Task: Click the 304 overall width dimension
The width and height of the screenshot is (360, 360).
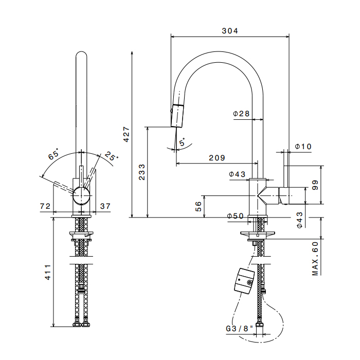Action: pyautogui.click(x=230, y=31)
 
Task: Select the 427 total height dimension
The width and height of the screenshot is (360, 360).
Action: pyautogui.click(x=127, y=134)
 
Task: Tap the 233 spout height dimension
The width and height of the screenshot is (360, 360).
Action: pyautogui.click(x=142, y=172)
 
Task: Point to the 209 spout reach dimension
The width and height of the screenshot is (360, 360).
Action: pyautogui.click(x=217, y=158)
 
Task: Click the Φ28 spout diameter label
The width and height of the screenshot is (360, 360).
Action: pyautogui.click(x=241, y=114)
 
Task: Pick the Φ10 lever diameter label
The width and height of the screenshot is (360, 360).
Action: pyautogui.click(x=303, y=147)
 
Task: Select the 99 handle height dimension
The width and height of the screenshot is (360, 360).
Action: pyautogui.click(x=315, y=185)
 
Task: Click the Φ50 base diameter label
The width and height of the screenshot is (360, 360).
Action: pyautogui.click(x=236, y=216)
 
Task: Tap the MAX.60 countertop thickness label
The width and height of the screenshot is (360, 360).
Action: pyautogui.click(x=315, y=258)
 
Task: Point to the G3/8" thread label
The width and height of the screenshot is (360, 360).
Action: pyautogui.click(x=239, y=329)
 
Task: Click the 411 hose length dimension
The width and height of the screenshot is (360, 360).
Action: pyautogui.click(x=48, y=272)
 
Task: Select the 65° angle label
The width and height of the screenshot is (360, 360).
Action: pyautogui.click(x=53, y=154)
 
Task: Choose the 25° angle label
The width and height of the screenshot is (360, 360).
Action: pyautogui.click(x=112, y=156)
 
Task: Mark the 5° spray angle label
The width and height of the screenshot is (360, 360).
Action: pyautogui.click(x=182, y=142)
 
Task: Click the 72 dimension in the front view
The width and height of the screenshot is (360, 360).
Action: pyautogui.click(x=45, y=206)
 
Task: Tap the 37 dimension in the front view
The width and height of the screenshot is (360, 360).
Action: pyautogui.click(x=105, y=206)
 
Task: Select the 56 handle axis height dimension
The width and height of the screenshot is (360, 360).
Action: pyautogui.click(x=199, y=206)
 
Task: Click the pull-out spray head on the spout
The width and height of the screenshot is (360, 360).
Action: pyautogui.click(x=177, y=116)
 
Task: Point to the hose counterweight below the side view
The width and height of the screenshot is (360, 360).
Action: pyautogui.click(x=244, y=281)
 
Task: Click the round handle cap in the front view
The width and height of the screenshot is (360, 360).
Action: pyautogui.click(x=81, y=195)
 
